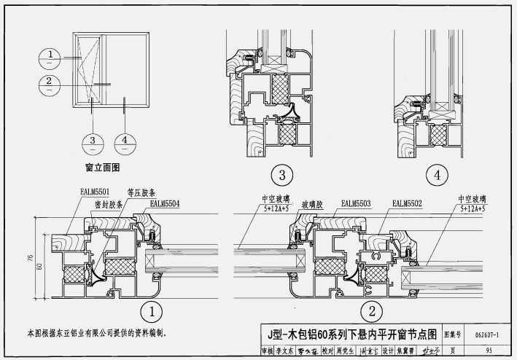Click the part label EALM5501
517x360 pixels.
(95, 191)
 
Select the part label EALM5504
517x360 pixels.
(166, 203)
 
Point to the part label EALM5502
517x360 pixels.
(408, 203)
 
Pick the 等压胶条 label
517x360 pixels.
(140, 192)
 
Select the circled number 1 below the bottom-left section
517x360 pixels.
(151, 313)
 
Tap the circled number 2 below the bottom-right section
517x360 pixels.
(372, 313)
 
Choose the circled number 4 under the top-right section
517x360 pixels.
(437, 176)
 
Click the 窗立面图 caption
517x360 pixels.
(102, 167)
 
